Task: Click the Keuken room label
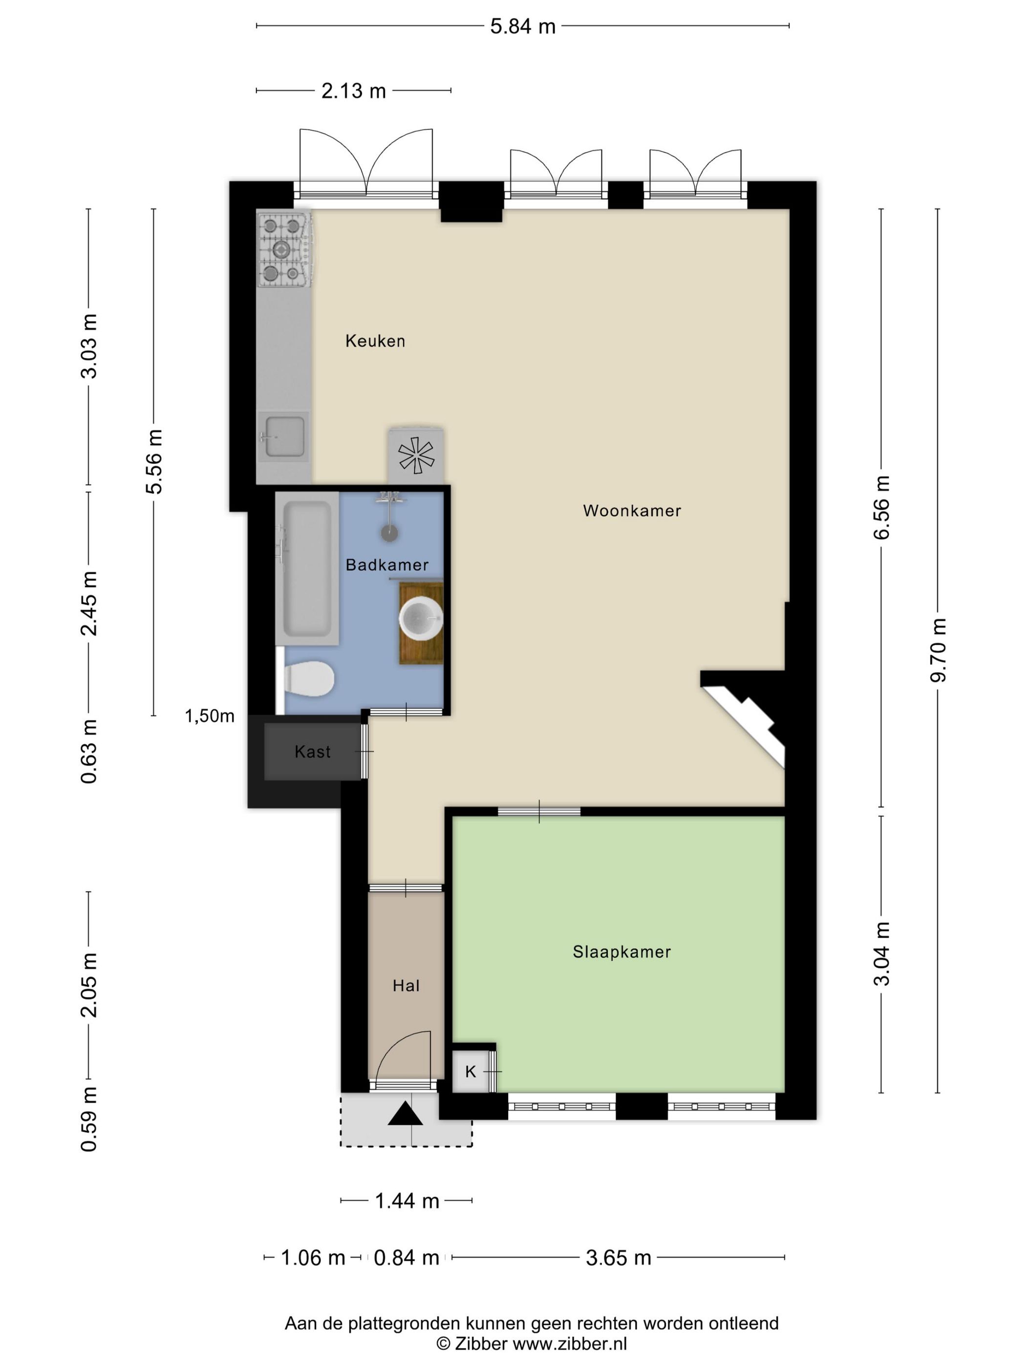[x=375, y=341]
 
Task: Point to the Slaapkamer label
[x=621, y=951]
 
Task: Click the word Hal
[x=406, y=985]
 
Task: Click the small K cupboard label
[x=470, y=1071]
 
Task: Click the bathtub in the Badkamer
[x=307, y=569]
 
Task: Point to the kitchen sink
[x=284, y=437]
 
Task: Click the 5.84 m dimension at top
[x=523, y=26]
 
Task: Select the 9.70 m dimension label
[x=938, y=650]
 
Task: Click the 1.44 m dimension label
[x=407, y=1200]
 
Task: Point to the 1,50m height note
[x=210, y=716]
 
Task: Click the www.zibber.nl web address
[x=570, y=1343]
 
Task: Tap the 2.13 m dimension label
[x=353, y=91]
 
